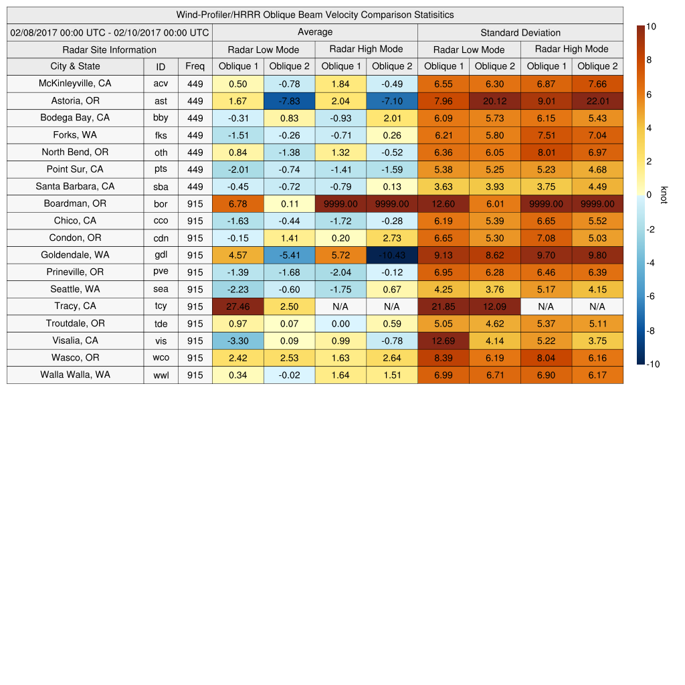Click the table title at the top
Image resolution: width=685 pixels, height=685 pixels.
(315, 15)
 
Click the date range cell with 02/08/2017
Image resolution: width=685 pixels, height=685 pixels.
(110, 32)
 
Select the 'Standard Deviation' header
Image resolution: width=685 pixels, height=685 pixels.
(520, 33)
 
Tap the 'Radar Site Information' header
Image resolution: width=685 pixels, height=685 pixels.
(110, 50)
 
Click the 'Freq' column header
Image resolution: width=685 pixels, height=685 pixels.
(195, 66)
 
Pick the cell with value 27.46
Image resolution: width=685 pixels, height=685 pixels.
(237, 306)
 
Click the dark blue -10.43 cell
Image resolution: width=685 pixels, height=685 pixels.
(391, 255)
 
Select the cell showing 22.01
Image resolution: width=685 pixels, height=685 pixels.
(597, 101)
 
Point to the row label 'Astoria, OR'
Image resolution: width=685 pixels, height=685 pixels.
(75, 101)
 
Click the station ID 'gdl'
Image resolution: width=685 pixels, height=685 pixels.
(161, 255)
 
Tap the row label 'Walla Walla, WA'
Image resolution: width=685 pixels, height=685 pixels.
(75, 375)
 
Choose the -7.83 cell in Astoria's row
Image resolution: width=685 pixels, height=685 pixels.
(289, 101)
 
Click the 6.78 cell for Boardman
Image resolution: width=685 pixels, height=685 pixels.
(237, 203)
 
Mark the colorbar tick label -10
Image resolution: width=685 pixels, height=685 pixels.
(654, 364)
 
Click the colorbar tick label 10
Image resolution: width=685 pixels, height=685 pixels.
(652, 26)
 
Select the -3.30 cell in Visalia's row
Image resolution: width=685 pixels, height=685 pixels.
(237, 340)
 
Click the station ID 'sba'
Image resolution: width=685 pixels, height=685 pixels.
(161, 187)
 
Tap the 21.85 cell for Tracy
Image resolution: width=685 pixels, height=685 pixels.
(443, 306)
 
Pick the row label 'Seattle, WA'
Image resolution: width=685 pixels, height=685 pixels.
(75, 289)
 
